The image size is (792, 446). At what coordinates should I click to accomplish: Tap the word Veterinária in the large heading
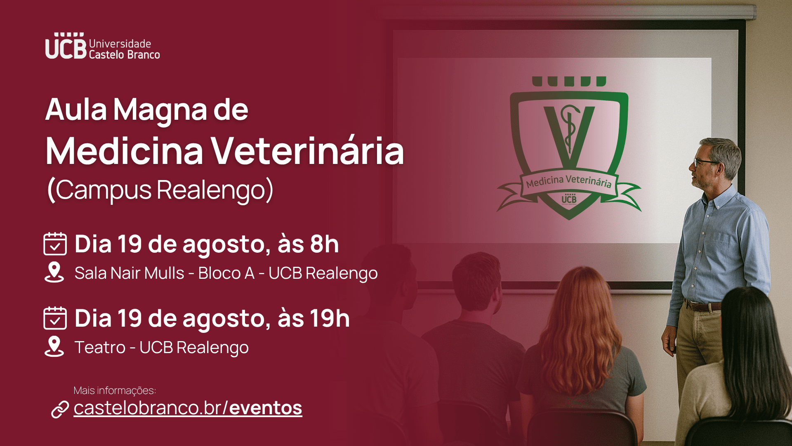pos(308,151)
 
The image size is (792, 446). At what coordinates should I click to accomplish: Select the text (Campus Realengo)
pos(160,190)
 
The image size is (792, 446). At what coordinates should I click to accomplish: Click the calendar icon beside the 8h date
pos(55,244)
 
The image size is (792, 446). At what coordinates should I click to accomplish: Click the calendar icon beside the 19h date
pos(55,318)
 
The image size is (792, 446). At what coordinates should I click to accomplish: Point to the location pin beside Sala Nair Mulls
pos(54,272)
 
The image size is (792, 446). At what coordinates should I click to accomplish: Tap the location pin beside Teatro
pos(54,346)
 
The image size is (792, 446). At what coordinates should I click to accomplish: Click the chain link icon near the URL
pos(60,409)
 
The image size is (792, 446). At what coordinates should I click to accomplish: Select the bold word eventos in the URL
pos(266,408)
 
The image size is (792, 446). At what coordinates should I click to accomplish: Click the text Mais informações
pos(115,390)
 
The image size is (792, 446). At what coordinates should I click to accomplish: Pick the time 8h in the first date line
pos(324,244)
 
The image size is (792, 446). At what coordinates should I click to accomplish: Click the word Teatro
pos(100,347)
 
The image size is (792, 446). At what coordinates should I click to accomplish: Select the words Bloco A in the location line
pos(226,273)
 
